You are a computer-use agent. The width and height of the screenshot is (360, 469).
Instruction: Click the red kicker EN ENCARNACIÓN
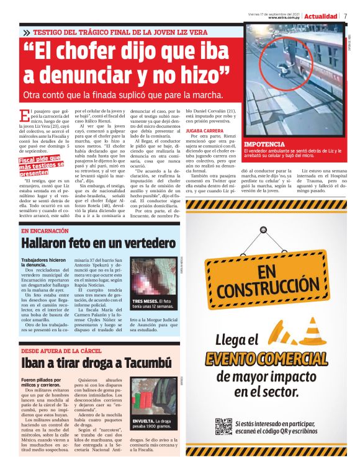pyautogui.click(x=47, y=231)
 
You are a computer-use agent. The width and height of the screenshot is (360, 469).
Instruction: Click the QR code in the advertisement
pyautogui.click(x=223, y=427)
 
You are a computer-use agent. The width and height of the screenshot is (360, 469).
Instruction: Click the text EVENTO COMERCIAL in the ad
pyautogui.click(x=267, y=358)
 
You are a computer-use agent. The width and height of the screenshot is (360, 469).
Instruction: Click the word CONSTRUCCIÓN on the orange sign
pyautogui.click(x=264, y=287)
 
